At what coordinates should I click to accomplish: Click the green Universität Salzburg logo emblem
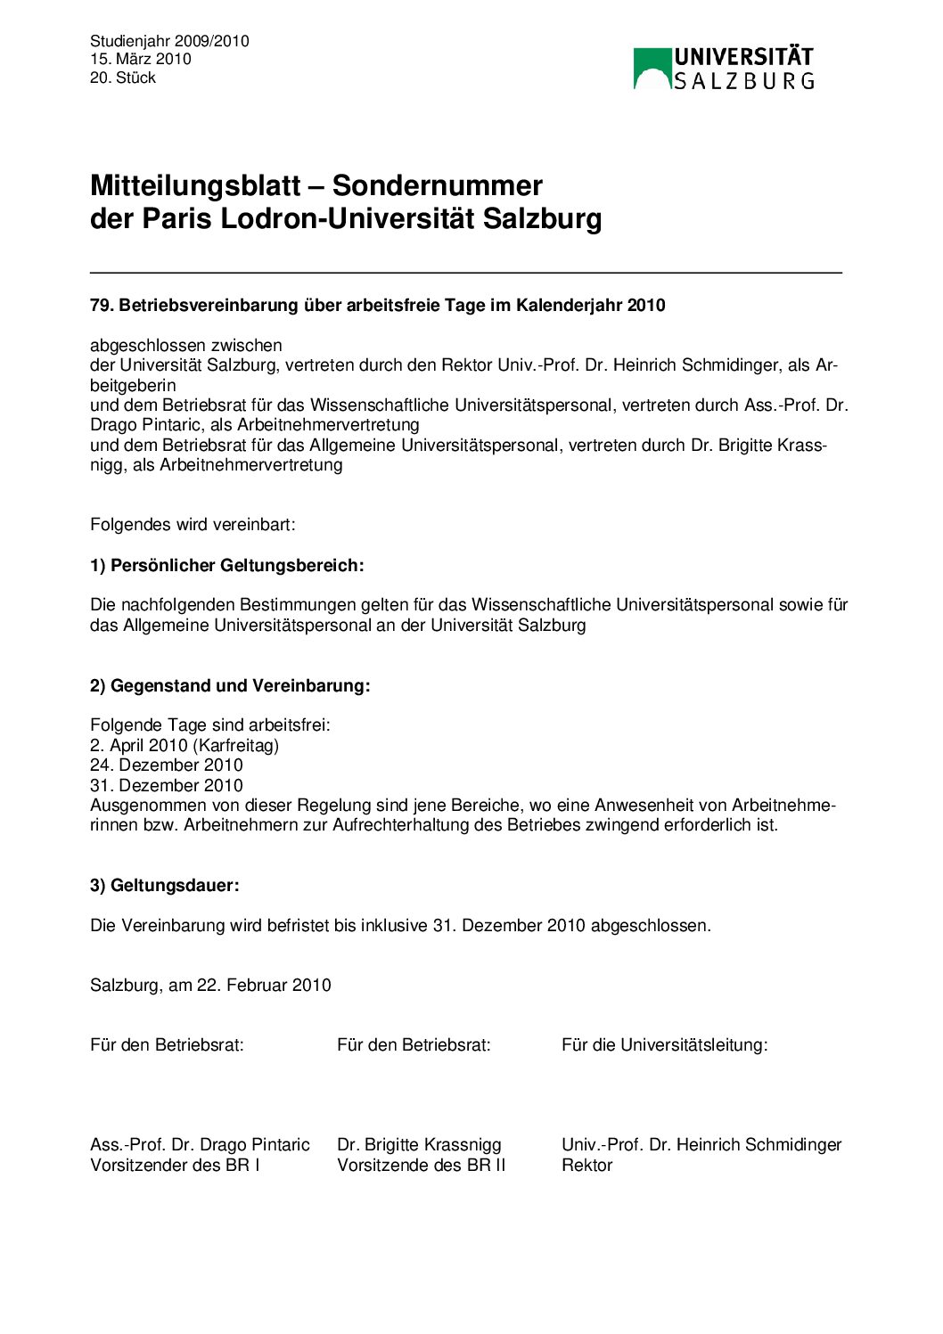click(x=652, y=69)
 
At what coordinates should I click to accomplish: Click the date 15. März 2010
click(x=141, y=59)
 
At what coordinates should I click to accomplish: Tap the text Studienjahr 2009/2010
click(x=169, y=41)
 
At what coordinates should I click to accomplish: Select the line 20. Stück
click(x=123, y=78)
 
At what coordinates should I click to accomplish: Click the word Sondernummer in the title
click(x=437, y=185)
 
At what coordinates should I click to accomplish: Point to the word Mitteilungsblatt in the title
click(x=195, y=185)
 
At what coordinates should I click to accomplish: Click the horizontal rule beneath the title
click(x=465, y=273)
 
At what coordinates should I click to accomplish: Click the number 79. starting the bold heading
click(x=102, y=306)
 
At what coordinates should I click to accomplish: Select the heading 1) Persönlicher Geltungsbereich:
click(x=227, y=565)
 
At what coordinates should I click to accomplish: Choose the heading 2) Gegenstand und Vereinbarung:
click(x=230, y=685)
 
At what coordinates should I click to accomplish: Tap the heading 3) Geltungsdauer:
click(x=165, y=885)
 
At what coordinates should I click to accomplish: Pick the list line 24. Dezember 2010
click(x=167, y=765)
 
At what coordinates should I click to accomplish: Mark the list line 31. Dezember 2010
click(x=167, y=785)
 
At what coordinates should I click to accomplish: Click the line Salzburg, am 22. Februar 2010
click(x=210, y=985)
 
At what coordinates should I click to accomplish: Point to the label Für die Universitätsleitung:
click(x=664, y=1044)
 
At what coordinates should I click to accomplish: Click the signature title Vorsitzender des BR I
click(x=175, y=1165)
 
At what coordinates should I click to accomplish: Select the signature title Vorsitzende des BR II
click(x=421, y=1165)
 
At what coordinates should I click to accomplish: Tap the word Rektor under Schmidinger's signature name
click(x=586, y=1165)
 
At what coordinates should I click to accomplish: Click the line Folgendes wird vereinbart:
click(x=193, y=525)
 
